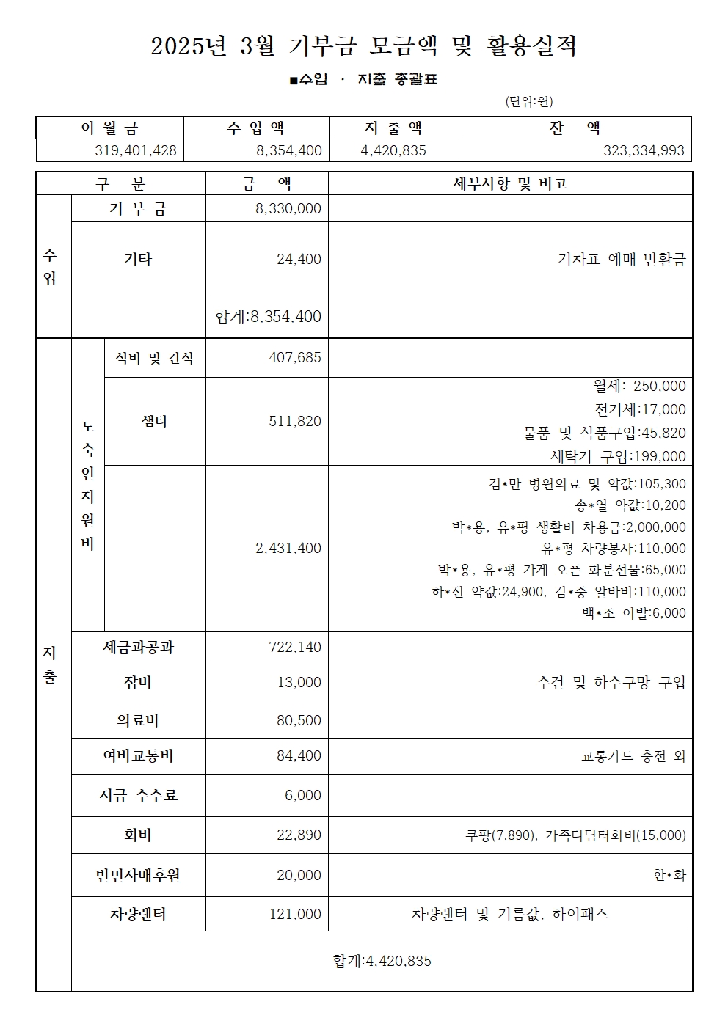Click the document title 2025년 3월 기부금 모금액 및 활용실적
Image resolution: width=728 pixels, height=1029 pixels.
click(x=364, y=47)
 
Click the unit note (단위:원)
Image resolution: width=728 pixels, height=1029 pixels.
click(x=528, y=101)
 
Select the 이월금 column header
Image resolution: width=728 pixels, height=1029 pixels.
click(x=109, y=128)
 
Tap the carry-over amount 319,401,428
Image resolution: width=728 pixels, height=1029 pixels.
click(x=136, y=150)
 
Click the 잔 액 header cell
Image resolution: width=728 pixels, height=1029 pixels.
click(x=575, y=128)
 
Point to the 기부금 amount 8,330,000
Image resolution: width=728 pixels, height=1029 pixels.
click(x=288, y=208)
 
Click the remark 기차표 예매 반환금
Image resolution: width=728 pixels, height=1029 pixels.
click(x=621, y=259)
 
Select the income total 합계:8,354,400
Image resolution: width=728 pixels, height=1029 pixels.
click(x=268, y=316)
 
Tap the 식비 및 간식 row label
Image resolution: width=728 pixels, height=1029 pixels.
click(x=155, y=358)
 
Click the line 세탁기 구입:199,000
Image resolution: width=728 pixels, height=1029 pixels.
click(x=618, y=456)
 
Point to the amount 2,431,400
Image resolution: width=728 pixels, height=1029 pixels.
click(x=288, y=548)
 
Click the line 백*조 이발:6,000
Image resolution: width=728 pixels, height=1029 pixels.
click(x=629, y=613)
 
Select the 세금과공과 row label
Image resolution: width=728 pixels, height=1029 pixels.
click(x=138, y=647)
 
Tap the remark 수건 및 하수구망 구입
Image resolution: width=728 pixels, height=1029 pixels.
click(x=611, y=683)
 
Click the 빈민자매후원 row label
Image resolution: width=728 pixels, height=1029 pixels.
click(x=138, y=875)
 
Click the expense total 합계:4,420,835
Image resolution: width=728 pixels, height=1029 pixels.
click(x=382, y=961)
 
